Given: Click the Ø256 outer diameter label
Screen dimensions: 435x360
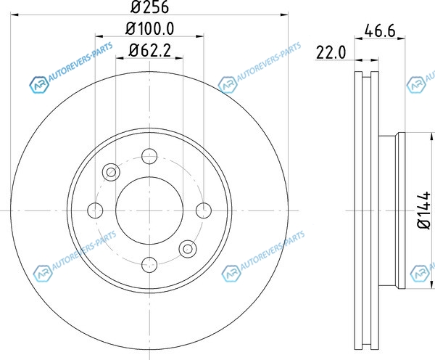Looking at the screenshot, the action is pos(149,7).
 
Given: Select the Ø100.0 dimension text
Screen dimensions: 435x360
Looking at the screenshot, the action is pos(150,28).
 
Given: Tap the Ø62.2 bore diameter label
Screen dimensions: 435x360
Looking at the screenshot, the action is pos(150,51).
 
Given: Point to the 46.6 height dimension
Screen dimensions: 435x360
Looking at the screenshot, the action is pos(380,30).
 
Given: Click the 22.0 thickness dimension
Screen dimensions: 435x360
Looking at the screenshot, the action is pos(331,52).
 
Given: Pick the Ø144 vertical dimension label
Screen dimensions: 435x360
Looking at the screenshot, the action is pos(424,210).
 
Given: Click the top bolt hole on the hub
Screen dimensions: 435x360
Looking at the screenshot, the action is pos(149,156).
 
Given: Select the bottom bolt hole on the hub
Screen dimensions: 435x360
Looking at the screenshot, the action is pos(149,265).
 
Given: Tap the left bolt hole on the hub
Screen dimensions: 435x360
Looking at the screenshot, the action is pos(95,210).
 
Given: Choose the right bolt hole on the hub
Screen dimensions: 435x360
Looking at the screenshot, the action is pos(204,210).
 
